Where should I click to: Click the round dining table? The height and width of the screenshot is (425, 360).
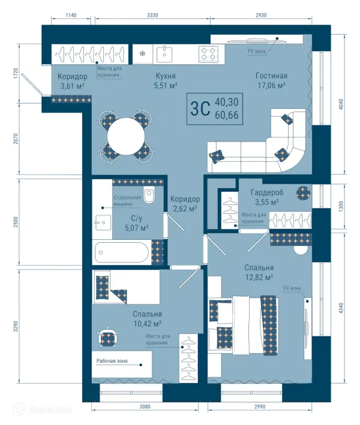tap(126, 136)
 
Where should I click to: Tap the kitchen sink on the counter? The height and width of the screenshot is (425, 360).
tap(164, 54)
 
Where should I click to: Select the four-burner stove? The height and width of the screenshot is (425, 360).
tap(208, 54)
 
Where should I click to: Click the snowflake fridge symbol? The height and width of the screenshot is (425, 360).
tap(142, 53)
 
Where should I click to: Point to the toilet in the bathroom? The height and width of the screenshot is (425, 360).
tap(149, 195)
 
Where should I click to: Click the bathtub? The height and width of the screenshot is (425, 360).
tap(122, 252)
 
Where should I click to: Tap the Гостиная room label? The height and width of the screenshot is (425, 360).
tap(271, 76)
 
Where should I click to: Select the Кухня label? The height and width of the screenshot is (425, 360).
tap(166, 76)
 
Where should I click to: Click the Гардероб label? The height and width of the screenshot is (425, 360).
tap(267, 192)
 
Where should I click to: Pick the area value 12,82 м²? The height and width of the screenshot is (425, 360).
tap(259, 278)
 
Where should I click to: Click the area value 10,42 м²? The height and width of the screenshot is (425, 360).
tap(148, 324)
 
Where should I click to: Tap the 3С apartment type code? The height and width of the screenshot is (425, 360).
tap(200, 108)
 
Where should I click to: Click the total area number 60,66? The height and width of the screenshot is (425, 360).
tap(227, 115)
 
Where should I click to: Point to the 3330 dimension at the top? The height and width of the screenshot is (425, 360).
tap(152, 15)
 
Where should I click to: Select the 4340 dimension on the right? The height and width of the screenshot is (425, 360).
tap(341, 308)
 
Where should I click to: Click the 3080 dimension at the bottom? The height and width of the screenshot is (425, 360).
tap(145, 406)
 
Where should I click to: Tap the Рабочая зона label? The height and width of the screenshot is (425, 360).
tap(112, 361)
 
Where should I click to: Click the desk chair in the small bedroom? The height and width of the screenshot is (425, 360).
tap(108, 337)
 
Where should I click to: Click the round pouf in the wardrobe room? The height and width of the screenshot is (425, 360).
tap(303, 193)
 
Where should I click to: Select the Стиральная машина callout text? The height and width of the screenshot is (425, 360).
tap(127, 201)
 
